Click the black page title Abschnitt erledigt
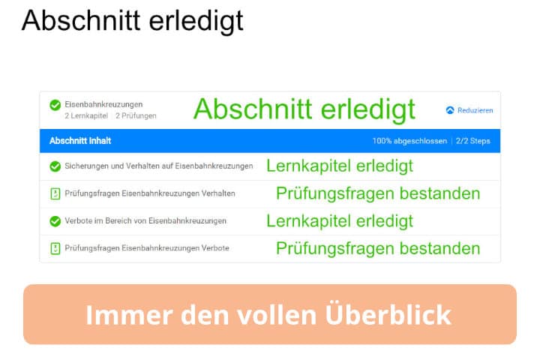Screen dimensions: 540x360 [x=133, y=21]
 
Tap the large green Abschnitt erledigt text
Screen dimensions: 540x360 [x=304, y=110]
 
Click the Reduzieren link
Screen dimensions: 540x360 [x=475, y=110]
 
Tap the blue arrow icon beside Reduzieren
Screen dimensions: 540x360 [x=450, y=110]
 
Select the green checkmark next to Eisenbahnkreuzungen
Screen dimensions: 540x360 [x=55, y=105]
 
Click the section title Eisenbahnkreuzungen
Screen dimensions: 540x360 [x=103, y=104]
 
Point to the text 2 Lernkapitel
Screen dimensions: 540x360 [x=86, y=115]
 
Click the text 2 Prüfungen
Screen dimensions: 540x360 [x=136, y=115]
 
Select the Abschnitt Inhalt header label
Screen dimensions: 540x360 [x=80, y=141]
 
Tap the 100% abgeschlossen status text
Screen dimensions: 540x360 [x=409, y=141]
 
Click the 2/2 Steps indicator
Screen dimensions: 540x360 [x=472, y=141]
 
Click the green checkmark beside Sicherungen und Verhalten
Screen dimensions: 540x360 [x=55, y=166]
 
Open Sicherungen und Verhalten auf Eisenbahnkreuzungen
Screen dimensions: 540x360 [x=159, y=166]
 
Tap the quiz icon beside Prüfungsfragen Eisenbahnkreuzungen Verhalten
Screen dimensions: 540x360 [x=55, y=193]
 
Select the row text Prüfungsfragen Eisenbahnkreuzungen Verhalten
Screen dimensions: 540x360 [x=150, y=193]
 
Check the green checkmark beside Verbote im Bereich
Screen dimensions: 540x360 [x=55, y=221]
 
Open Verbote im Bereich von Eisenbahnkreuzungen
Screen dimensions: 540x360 [x=145, y=220]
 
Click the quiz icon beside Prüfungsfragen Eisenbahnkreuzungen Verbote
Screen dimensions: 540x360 [x=55, y=248]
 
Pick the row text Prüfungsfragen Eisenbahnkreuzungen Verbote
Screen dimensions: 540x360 [x=147, y=248]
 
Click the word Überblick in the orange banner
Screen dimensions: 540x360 [x=388, y=313]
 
